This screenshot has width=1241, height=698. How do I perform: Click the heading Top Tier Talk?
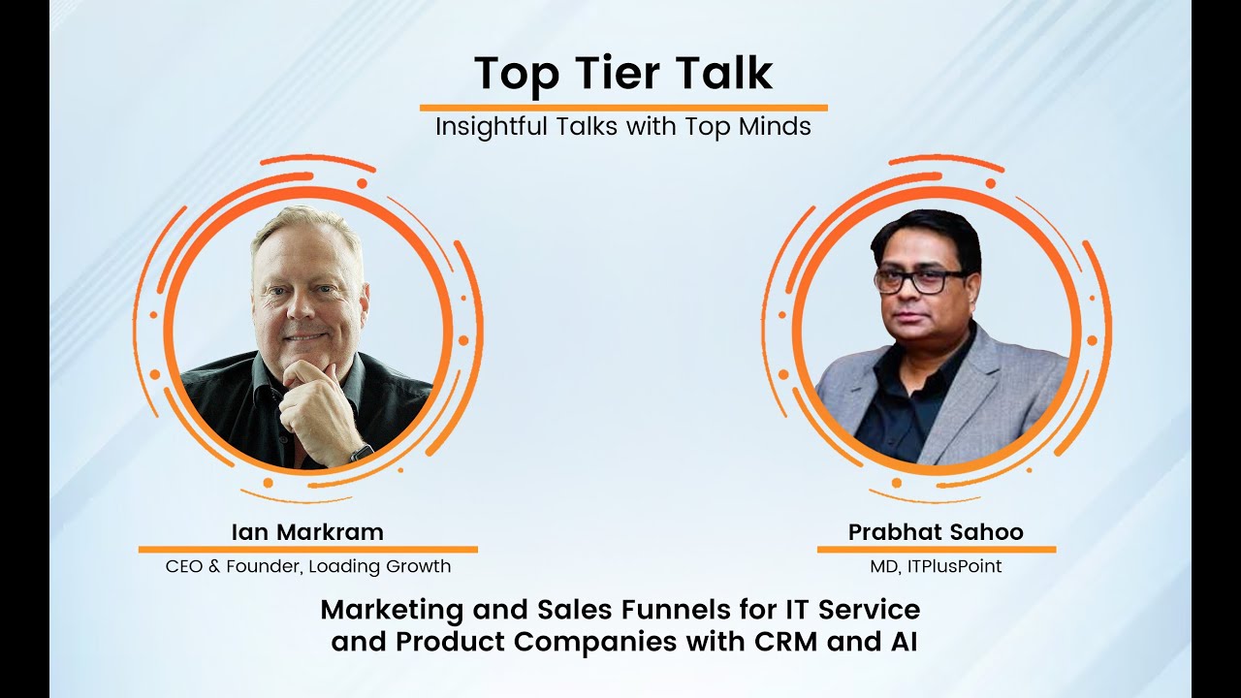(622, 74)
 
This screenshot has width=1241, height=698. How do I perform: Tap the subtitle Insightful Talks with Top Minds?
(622, 127)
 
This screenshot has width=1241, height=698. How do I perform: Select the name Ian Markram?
(307, 532)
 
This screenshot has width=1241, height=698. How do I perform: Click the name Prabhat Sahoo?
(936, 532)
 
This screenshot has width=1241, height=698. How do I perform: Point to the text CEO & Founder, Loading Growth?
(307, 566)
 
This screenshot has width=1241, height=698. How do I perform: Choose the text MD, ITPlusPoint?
(936, 566)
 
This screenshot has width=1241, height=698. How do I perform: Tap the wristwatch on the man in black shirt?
(362, 452)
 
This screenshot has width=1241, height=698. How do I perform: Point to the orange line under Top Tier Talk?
(622, 108)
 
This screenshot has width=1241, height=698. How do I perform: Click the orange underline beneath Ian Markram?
(307, 549)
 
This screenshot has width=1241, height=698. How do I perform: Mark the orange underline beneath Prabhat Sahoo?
(936, 550)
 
